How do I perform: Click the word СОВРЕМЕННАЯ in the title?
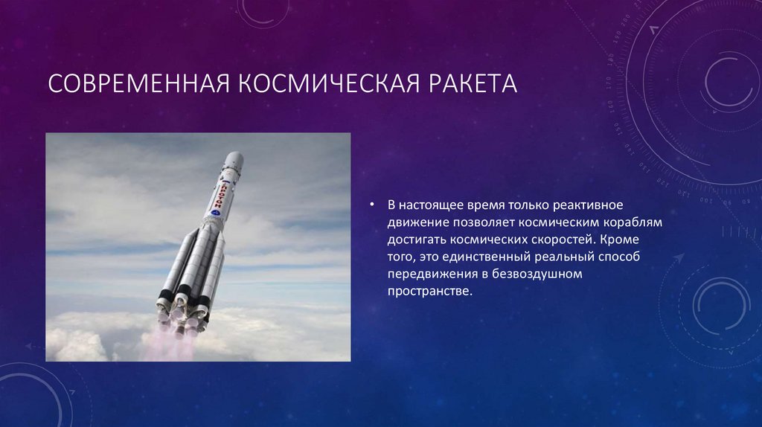click(x=139, y=83)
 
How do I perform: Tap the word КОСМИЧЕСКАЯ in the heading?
click(x=328, y=83)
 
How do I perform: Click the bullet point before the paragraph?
click(x=372, y=205)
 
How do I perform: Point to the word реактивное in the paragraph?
click(x=589, y=205)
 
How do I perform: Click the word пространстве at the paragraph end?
click(x=429, y=292)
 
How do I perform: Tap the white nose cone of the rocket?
click(x=234, y=159)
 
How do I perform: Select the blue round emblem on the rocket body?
click(x=216, y=212)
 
